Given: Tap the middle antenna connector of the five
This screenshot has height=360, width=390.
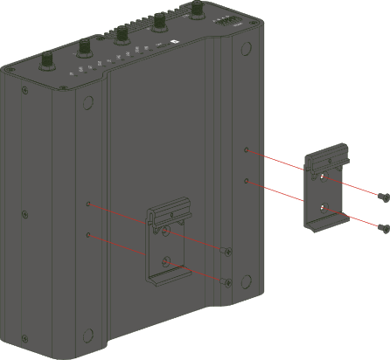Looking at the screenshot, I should pos(121,36).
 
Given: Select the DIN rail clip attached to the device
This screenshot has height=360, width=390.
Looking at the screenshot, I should pos(168,246).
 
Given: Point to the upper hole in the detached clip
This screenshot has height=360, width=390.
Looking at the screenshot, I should pos(324,179).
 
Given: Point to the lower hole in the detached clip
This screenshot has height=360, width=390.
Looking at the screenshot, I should pos(324,209).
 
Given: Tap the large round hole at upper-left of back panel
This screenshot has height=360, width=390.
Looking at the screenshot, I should pos(87,103).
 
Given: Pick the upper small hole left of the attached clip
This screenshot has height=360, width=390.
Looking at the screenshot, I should pos(88,204).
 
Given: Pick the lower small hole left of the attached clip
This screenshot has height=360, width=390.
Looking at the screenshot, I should pos(88,235).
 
